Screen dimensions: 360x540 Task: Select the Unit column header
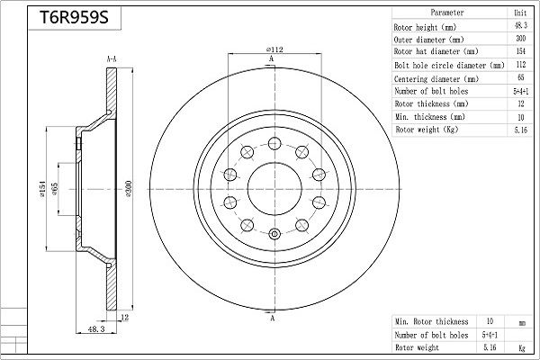(x=519, y=14)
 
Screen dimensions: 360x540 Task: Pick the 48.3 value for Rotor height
(x=519, y=28)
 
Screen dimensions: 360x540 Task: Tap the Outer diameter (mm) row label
(x=429, y=40)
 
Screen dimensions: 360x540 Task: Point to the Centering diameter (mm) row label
(x=436, y=79)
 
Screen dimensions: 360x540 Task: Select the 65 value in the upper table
(x=519, y=79)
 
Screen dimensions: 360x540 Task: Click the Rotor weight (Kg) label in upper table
(x=426, y=130)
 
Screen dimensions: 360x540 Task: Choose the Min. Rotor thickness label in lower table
(x=431, y=321)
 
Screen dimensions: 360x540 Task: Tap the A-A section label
(x=111, y=59)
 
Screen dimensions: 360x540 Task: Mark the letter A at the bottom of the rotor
(x=271, y=320)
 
